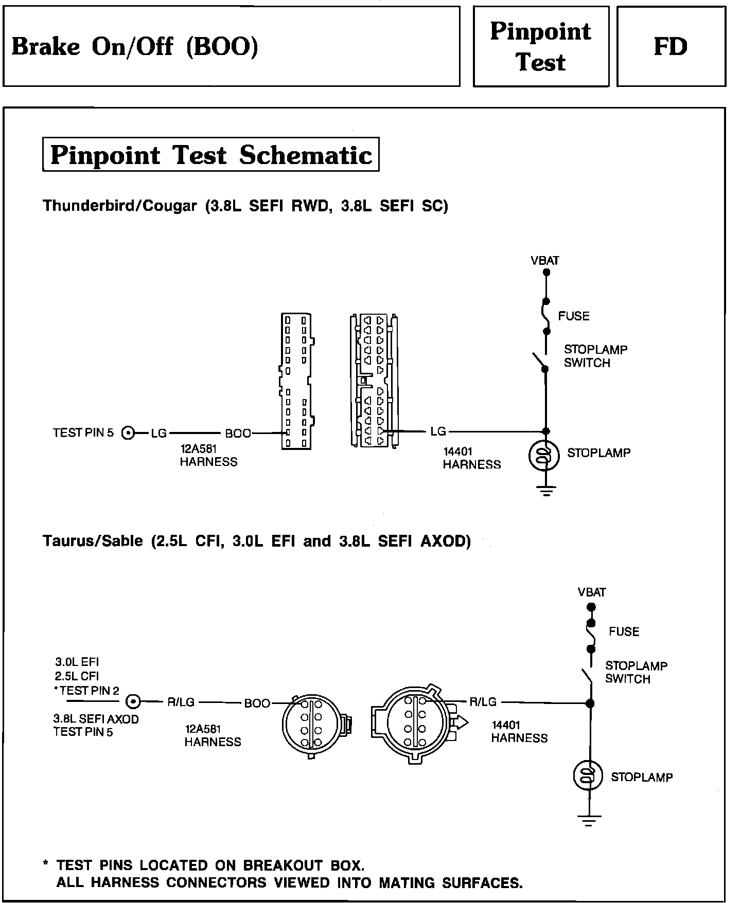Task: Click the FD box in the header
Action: (x=671, y=47)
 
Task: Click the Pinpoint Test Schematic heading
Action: (x=211, y=155)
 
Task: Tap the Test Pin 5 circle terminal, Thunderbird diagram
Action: (x=128, y=433)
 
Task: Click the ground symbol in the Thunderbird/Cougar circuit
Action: (x=546, y=492)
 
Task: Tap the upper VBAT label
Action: (x=545, y=260)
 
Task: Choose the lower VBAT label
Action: (x=592, y=592)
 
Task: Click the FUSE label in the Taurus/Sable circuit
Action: (x=624, y=631)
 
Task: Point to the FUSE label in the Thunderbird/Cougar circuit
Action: (x=574, y=316)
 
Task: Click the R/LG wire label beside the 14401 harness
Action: (x=483, y=701)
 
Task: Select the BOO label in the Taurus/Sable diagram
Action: (x=257, y=703)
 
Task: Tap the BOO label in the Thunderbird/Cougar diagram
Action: (x=238, y=434)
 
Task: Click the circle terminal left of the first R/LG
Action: (x=133, y=701)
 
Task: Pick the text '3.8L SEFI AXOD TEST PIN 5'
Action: (x=96, y=725)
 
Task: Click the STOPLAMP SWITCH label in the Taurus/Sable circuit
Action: (x=636, y=672)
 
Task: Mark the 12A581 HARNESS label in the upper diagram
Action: (x=208, y=455)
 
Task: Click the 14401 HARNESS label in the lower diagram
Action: (x=519, y=731)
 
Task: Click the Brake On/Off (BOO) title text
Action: (x=135, y=47)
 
